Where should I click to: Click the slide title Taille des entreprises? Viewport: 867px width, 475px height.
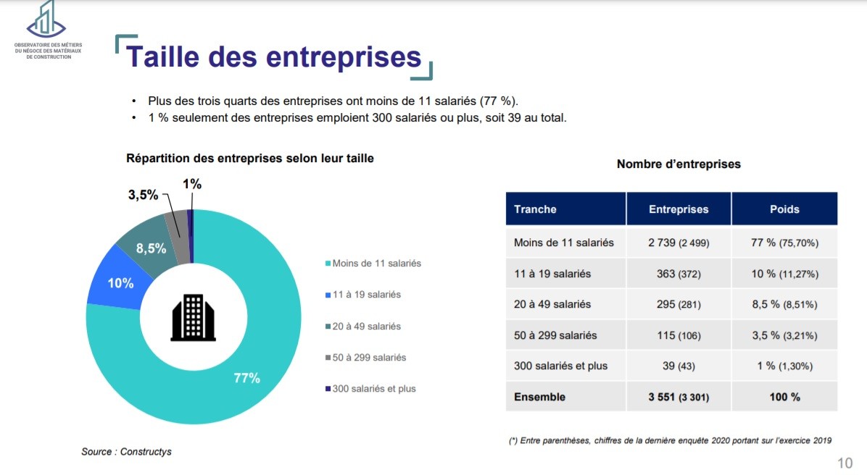tap(274, 57)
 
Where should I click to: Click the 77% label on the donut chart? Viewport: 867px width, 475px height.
tap(246, 378)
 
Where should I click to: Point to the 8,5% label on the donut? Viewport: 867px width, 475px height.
tap(151, 248)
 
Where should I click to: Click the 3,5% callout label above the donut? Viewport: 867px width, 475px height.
tap(142, 195)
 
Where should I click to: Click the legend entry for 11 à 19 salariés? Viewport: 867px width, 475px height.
tap(367, 295)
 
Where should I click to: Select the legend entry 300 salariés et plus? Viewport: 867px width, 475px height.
tap(374, 389)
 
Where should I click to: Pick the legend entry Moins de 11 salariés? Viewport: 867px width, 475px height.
tap(376, 263)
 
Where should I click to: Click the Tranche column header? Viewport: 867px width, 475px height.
tap(535, 209)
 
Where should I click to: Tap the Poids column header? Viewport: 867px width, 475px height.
tap(784, 209)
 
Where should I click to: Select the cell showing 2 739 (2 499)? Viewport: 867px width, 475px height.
tap(679, 243)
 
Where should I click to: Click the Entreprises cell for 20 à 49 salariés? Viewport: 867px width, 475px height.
tap(679, 304)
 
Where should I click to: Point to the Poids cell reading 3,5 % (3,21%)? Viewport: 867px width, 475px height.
tap(784, 335)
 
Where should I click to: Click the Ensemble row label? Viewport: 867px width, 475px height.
tap(539, 397)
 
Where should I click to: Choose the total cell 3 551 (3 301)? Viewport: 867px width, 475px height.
tap(679, 397)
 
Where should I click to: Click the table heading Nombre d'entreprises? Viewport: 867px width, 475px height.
tap(679, 164)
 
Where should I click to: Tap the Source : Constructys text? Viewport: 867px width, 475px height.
tap(126, 452)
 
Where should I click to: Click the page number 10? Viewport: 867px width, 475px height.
tap(845, 463)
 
